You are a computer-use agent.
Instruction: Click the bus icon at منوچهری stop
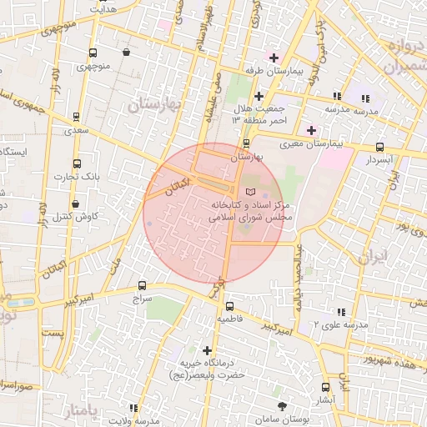(92, 52)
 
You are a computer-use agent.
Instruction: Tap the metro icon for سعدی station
(77, 118)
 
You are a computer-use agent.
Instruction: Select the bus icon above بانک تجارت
(78, 164)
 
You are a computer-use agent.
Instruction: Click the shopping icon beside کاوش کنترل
(76, 203)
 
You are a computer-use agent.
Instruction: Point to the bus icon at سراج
(142, 285)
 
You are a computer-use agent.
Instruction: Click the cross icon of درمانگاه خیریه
(208, 350)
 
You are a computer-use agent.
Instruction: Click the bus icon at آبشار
(325, 387)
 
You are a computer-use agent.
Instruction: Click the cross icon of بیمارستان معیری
(312, 130)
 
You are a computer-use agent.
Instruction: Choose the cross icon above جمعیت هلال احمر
(259, 97)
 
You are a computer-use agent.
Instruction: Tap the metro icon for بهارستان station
(244, 143)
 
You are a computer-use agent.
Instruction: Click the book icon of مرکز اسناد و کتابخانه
(240, 193)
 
